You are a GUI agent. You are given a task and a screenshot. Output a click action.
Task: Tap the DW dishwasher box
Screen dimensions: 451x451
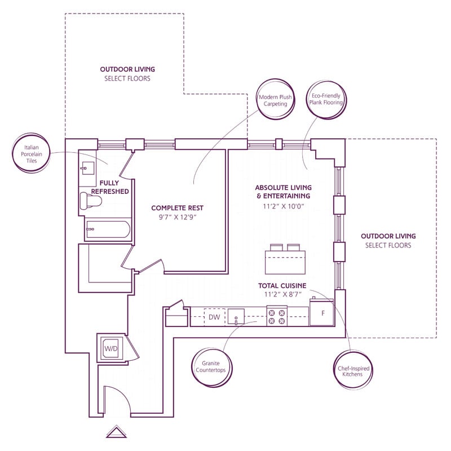pos(214,317)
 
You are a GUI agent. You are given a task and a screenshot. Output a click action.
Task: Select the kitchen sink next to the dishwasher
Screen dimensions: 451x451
pos(236,317)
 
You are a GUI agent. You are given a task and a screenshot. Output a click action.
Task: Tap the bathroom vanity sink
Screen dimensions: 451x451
pos(88,168)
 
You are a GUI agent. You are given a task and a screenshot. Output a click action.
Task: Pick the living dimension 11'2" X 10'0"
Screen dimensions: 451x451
pos(283,206)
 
